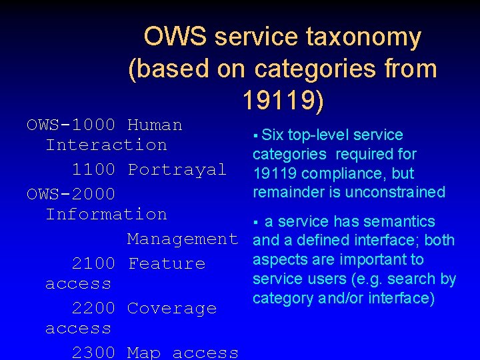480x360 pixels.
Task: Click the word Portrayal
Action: [177, 169]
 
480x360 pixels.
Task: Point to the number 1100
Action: [93, 169]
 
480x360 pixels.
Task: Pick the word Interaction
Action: [106, 145]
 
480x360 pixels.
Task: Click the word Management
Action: [183, 239]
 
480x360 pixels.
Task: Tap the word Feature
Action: [166, 263]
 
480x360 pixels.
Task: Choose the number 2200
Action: [93, 308]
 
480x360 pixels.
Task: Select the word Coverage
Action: [171, 308]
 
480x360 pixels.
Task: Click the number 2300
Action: [93, 352]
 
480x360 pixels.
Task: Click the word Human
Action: [155, 125]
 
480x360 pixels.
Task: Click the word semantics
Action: [399, 221]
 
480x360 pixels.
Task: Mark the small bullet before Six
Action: [255, 136]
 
